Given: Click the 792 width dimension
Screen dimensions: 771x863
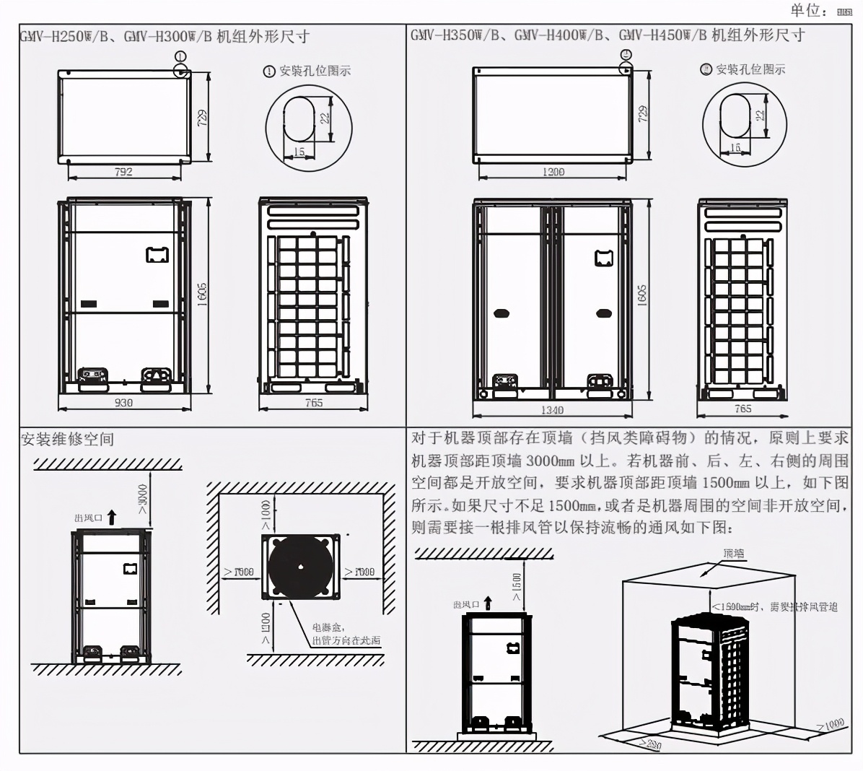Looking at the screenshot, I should [124, 172].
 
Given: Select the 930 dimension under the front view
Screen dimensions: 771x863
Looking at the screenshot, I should [124, 403].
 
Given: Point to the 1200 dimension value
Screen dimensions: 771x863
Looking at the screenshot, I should [553, 172].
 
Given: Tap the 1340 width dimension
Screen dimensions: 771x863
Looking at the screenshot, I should [553, 410].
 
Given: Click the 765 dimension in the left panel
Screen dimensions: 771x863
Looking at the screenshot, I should [314, 403].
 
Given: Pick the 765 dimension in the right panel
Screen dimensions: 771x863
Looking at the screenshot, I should [742, 409].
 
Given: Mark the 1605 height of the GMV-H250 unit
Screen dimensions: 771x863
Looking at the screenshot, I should [203, 295].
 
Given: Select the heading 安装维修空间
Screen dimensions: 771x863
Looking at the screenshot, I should [67, 439].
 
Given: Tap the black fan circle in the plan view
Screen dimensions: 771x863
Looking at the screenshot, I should [302, 566].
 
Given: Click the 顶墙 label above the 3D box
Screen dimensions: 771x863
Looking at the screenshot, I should [733, 554].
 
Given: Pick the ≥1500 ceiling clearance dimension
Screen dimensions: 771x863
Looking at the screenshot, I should [517, 586].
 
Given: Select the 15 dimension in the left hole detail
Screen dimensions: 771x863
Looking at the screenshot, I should [299, 152].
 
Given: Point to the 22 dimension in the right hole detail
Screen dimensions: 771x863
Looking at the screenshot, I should [759, 116].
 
